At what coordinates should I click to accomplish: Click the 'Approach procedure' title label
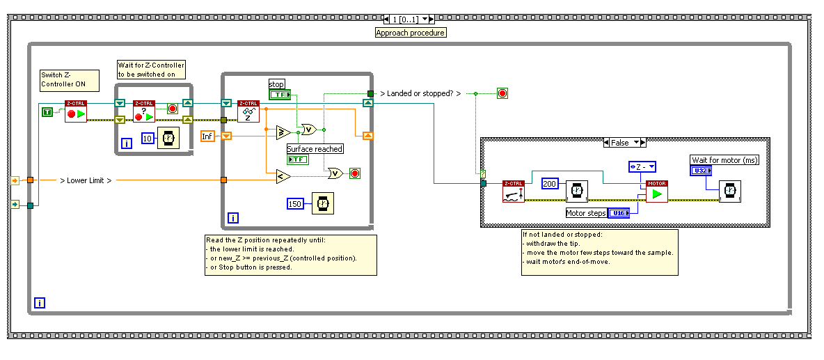(410, 33)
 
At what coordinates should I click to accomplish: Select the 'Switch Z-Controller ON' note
(68, 80)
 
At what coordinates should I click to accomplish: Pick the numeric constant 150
(296, 203)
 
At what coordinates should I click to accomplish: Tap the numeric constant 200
(550, 183)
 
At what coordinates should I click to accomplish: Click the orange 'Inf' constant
(207, 136)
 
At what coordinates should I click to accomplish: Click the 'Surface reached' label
(315, 148)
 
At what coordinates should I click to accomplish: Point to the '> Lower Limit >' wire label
(85, 180)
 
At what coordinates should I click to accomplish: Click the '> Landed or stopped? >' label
(420, 93)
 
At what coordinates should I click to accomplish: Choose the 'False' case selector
(624, 143)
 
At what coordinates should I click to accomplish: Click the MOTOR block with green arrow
(656, 191)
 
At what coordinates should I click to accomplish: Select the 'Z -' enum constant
(642, 166)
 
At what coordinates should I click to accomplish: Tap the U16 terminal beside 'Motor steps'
(619, 213)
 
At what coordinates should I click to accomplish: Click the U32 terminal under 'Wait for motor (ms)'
(701, 171)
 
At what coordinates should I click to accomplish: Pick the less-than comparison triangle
(283, 177)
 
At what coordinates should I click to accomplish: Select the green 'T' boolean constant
(47, 111)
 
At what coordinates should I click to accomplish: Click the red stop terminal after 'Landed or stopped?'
(502, 93)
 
